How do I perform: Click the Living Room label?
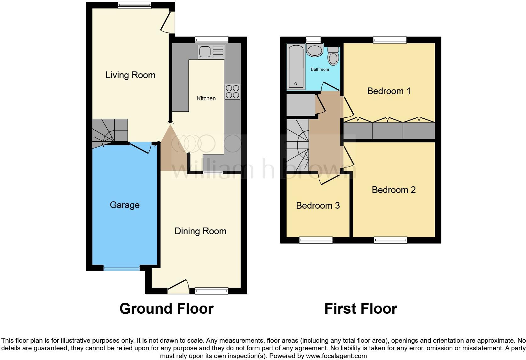130,75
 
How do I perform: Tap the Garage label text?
125,205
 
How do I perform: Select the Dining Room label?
200,231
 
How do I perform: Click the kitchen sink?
211,52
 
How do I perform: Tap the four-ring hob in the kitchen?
232,92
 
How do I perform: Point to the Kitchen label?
206,98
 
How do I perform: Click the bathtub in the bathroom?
296,66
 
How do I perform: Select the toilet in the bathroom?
333,56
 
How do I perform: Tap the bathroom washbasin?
314,50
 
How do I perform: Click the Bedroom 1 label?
389,91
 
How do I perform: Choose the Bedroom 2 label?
394,190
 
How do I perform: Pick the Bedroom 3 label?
318,205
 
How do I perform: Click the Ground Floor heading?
166,309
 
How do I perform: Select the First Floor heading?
361,309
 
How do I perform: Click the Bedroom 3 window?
316,240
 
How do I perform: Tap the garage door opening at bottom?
121,268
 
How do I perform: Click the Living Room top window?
134,5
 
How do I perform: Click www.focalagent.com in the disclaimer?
336,356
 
